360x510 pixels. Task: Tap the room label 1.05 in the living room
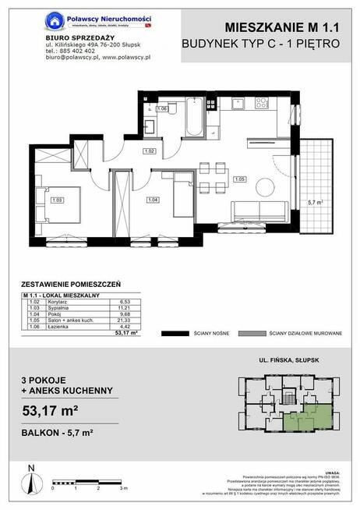pos(240,179)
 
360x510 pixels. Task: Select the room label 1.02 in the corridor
pos(150,151)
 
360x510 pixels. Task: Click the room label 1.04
pos(152,200)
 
